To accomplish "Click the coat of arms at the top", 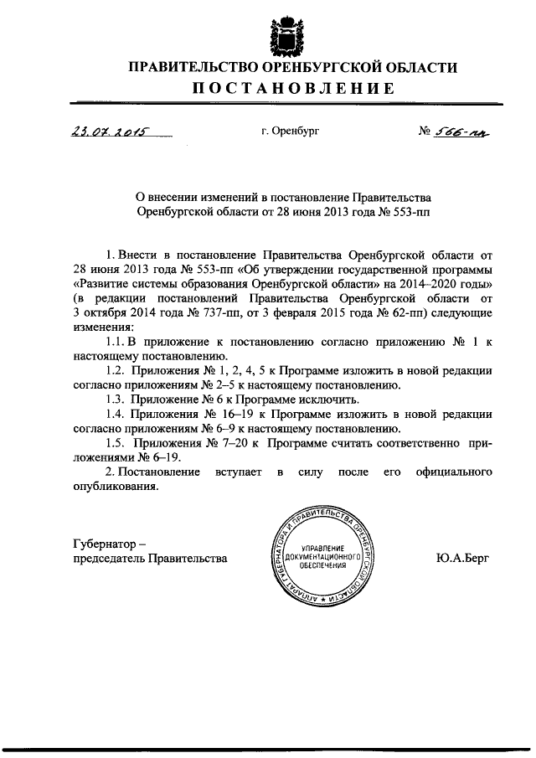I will click(290, 32).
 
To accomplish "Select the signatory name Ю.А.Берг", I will click(463, 556).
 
